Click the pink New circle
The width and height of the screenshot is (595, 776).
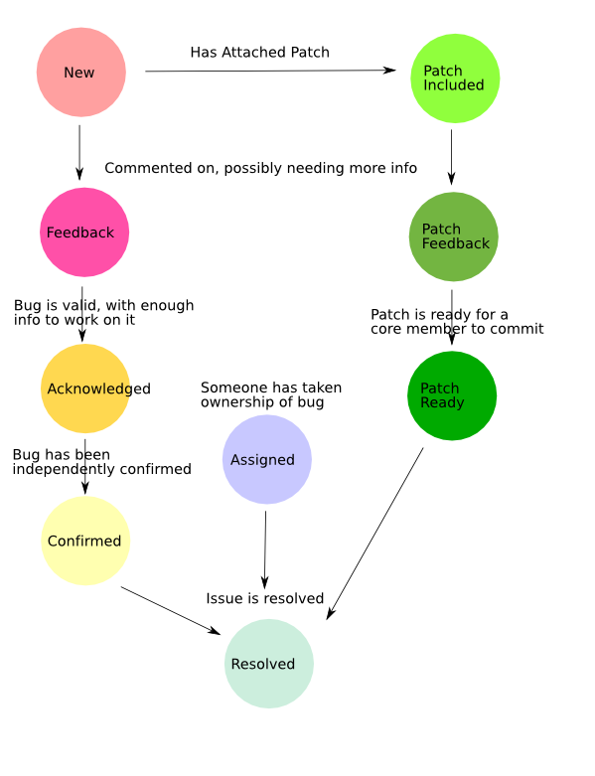[81, 73]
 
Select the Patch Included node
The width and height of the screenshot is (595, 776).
[455, 78]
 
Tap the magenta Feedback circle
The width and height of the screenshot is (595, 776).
[84, 233]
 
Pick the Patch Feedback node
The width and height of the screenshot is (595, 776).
[454, 236]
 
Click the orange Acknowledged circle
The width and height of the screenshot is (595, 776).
[85, 388]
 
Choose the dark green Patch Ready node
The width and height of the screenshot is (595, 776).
[452, 395]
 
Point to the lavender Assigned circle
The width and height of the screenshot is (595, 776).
[267, 459]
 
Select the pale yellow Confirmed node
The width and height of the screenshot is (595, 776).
[85, 541]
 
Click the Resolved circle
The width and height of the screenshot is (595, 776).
[269, 663]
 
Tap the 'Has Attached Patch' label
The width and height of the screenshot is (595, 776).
[259, 52]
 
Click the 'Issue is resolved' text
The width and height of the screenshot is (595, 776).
[265, 598]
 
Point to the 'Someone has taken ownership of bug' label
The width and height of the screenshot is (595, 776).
[271, 394]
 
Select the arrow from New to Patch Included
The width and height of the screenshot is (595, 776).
[270, 71]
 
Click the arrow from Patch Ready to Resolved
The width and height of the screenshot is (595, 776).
[374, 534]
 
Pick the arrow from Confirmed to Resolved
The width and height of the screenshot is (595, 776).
[171, 611]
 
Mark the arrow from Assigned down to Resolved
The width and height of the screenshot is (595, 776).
[265, 549]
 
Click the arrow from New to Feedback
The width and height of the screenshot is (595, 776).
[79, 152]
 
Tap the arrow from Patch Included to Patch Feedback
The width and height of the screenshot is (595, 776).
[451, 157]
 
